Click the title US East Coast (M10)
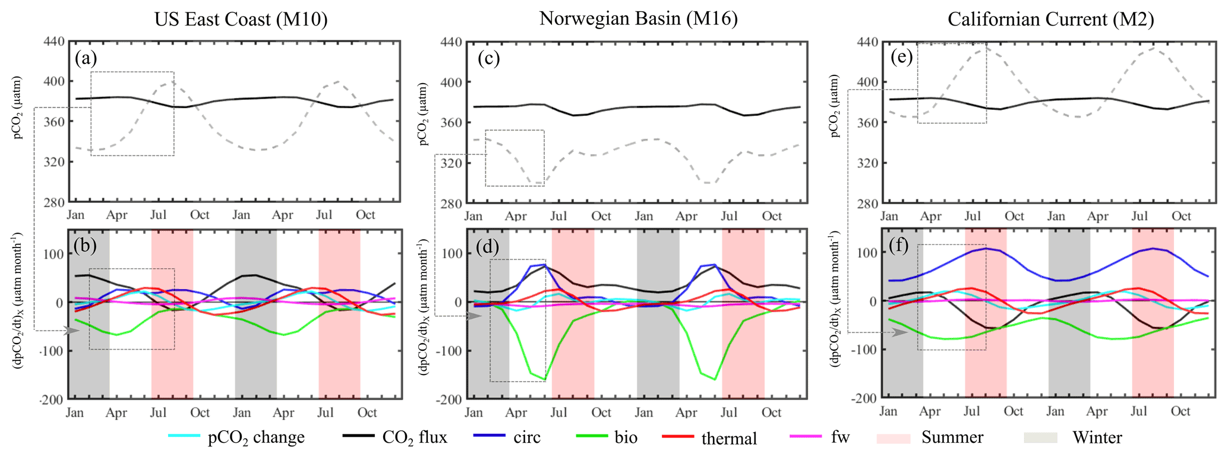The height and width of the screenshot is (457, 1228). pos(241,20)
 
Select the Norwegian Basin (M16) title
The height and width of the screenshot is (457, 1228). pos(638,19)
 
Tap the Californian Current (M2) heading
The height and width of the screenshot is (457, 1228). pos(1050,20)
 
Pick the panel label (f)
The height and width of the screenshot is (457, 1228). pos(898,245)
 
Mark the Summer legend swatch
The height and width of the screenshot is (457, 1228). pos(893,438)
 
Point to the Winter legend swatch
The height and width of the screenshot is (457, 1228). pos(1041,438)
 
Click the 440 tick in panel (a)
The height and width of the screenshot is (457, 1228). pos(55,42)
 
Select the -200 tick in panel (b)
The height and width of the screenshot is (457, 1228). pos(51,399)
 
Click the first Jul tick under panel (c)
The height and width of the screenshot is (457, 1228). pos(558,215)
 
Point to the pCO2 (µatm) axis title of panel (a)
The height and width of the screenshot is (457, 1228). pos(18,107)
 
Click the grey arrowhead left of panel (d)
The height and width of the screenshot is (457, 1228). pos(474,316)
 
